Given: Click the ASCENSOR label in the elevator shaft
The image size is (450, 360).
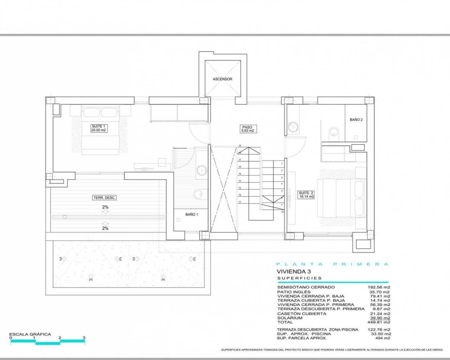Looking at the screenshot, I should point(223,79).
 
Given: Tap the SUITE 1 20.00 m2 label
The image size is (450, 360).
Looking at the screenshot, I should point(98,128).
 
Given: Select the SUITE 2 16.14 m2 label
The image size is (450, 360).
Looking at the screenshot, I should point(306,195).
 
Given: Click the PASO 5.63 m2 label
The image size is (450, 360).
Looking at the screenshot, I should point(247,129).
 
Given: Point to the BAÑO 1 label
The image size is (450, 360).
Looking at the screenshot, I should point(192,214).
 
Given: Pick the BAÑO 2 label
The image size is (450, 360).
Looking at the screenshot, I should point(356,120).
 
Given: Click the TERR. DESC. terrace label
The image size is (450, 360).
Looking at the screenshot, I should point(104,198).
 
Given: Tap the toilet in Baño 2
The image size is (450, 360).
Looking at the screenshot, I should point(333,133).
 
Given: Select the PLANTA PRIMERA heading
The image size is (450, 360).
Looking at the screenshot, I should point(332,264).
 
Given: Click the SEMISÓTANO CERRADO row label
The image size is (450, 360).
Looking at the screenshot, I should point(301,287).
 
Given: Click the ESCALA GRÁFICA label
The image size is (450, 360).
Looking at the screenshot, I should point(30,334).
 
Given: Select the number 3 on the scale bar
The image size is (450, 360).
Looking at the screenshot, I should point(84,338).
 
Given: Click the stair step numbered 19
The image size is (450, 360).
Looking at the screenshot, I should point(240,146).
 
